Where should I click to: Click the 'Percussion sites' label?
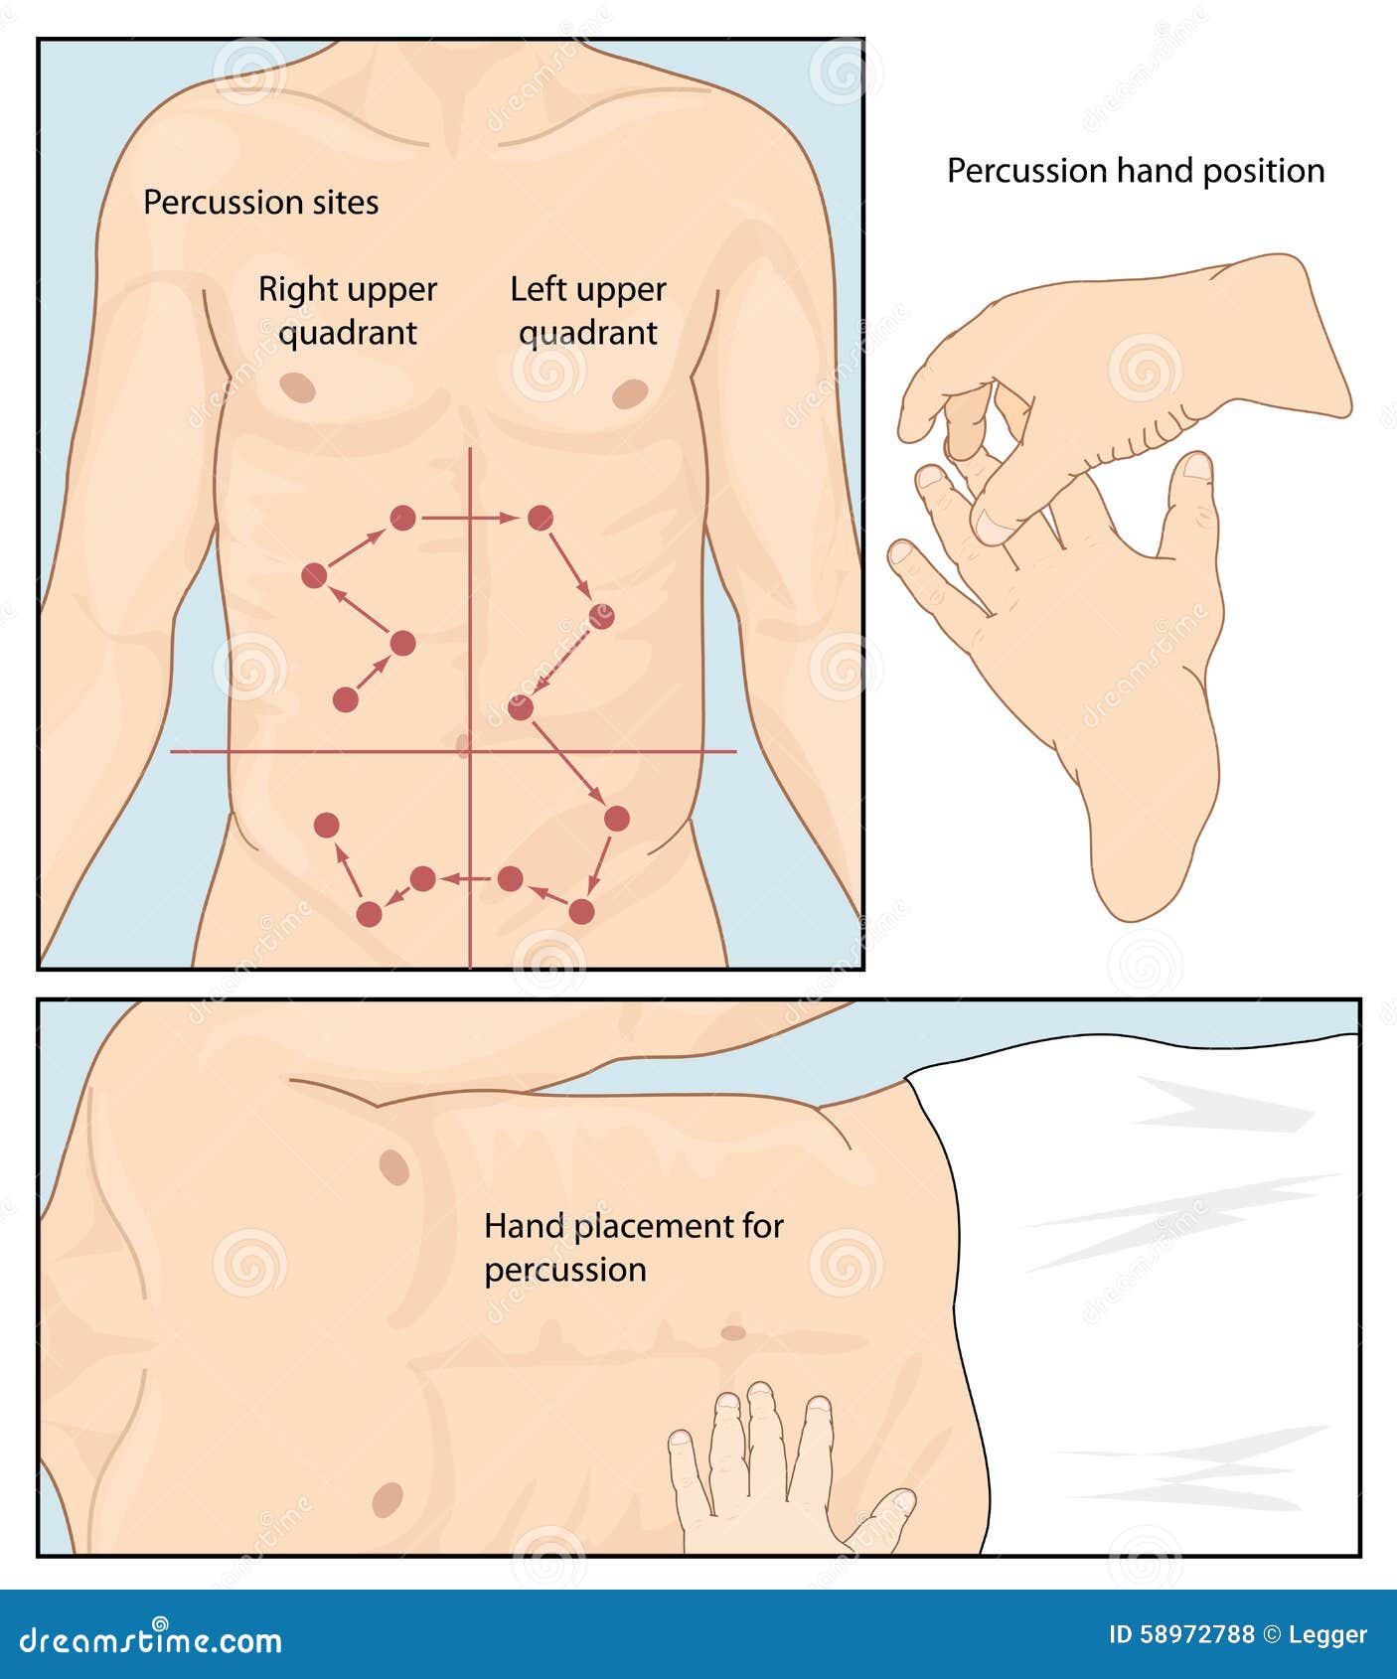click(x=260, y=203)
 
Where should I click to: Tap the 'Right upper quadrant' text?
click(x=348, y=310)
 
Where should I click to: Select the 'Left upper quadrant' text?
click(x=587, y=310)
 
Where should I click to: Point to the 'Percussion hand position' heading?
click(x=1135, y=171)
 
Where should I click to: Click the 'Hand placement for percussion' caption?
click(x=633, y=1247)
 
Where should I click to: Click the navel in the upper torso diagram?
click(x=463, y=744)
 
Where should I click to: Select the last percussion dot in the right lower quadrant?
click(x=327, y=825)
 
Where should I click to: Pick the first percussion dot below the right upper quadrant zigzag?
click(x=345, y=699)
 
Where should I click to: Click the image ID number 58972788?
click(x=1181, y=1634)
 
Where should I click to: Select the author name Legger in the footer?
click(x=1327, y=1634)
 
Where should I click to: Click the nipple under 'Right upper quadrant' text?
click(x=297, y=386)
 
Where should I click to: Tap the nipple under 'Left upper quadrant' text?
click(x=630, y=393)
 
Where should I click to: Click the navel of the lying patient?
click(x=733, y=1331)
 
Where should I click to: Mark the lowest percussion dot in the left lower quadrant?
click(x=581, y=911)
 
